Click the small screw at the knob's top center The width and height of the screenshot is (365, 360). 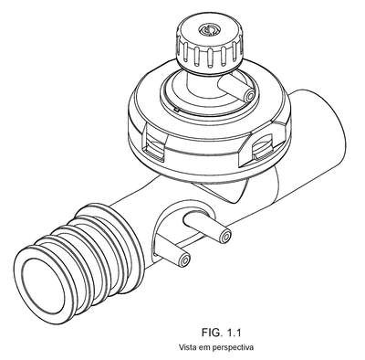coord(208,30)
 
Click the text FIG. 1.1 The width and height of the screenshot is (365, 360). coord(222,333)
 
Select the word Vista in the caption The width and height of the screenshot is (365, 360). coord(187,347)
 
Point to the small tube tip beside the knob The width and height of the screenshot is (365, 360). coord(250,96)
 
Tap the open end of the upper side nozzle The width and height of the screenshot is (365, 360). coord(225,236)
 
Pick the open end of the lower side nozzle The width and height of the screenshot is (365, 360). coord(184,260)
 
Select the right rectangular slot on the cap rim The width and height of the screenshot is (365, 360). coord(262,147)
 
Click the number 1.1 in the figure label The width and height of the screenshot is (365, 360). coord(234,333)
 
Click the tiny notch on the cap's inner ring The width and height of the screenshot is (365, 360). coord(176,108)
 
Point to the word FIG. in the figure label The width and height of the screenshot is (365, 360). coord(212,333)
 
